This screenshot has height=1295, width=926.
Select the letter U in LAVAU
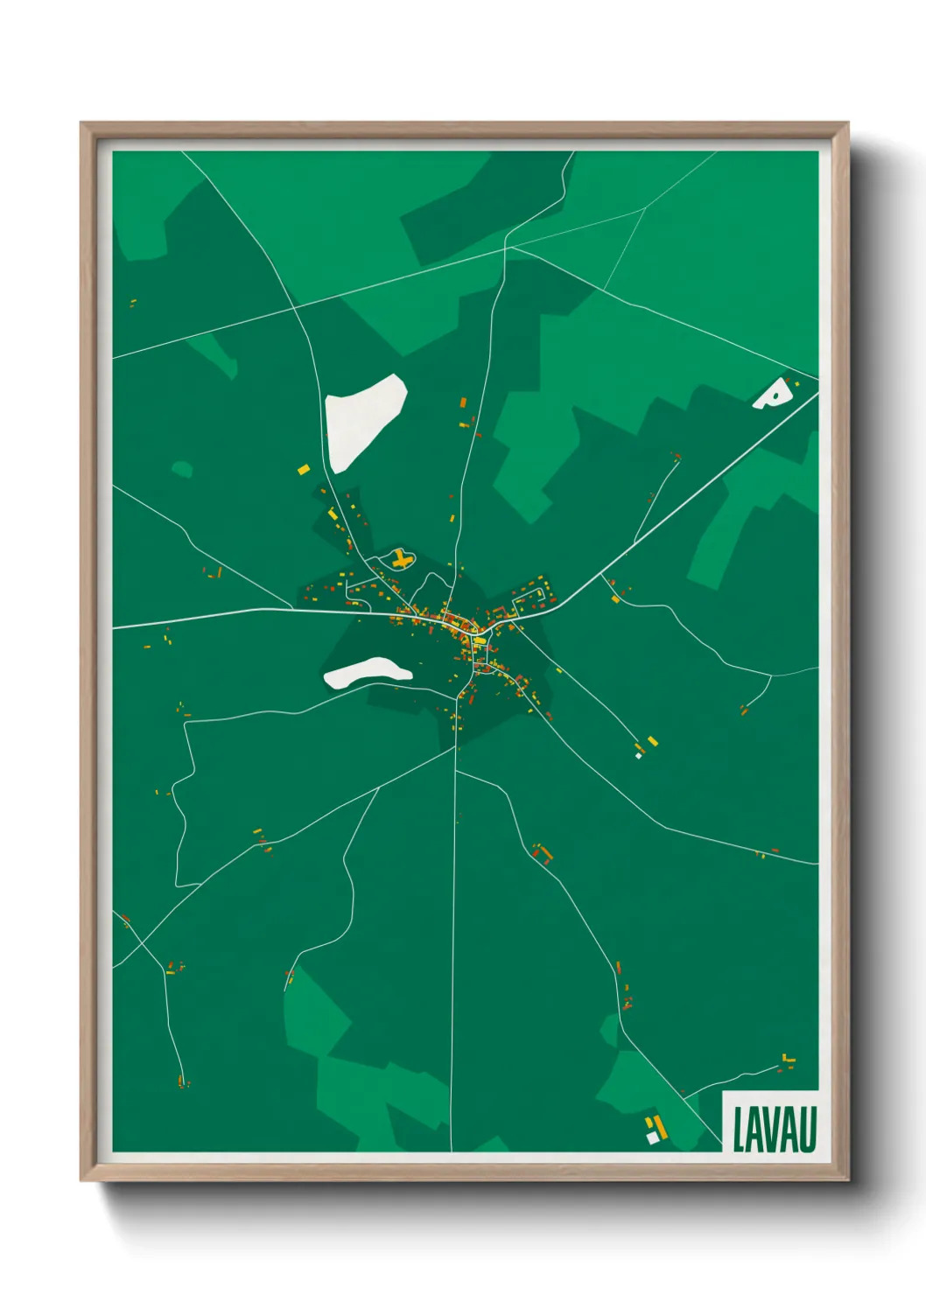[808, 1130]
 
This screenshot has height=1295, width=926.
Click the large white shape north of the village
[363, 420]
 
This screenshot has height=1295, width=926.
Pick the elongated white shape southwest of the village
[367, 672]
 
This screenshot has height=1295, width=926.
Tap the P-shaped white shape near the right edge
[772, 395]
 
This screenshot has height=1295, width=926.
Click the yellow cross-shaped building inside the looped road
[401, 559]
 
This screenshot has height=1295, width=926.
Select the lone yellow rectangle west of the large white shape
[303, 470]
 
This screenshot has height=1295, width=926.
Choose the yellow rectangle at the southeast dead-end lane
[651, 742]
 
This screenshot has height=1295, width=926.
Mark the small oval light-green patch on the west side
[181, 470]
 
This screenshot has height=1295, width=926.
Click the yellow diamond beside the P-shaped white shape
[797, 384]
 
